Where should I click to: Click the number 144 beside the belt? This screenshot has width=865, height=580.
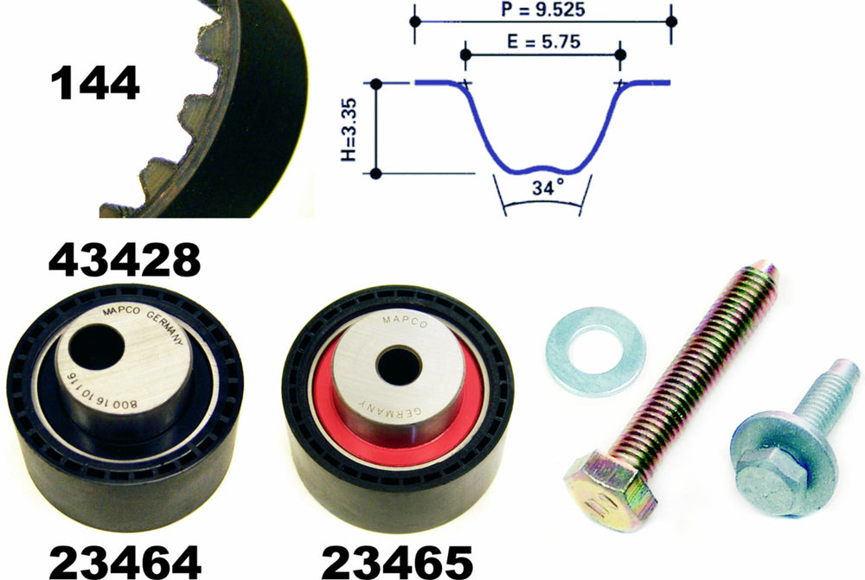(x=95, y=83)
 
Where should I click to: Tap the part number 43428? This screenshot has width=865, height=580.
(x=125, y=259)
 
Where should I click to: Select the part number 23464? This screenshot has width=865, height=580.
(x=125, y=562)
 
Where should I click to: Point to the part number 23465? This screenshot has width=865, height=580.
(x=397, y=562)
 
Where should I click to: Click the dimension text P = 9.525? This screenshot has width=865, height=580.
(x=543, y=10)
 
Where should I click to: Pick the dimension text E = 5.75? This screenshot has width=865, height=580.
(x=544, y=41)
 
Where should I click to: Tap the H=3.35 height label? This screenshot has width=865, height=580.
(x=349, y=130)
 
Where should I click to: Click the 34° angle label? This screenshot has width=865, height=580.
(x=548, y=188)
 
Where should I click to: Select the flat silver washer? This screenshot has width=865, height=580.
(x=596, y=351)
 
